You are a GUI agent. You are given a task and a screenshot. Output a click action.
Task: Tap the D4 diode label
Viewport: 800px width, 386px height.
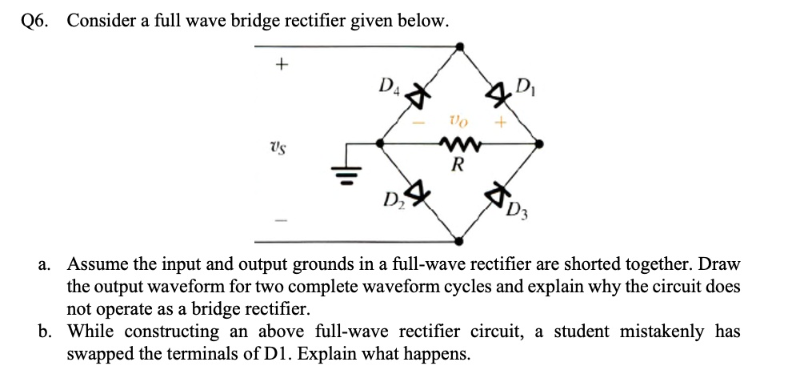[x=388, y=83]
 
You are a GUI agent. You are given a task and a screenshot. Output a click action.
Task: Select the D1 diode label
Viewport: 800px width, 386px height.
[x=526, y=83]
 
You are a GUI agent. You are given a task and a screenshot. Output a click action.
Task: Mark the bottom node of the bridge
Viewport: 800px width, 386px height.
[x=459, y=239]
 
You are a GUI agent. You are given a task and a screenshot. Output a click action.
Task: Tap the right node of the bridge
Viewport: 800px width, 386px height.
[x=539, y=144]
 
